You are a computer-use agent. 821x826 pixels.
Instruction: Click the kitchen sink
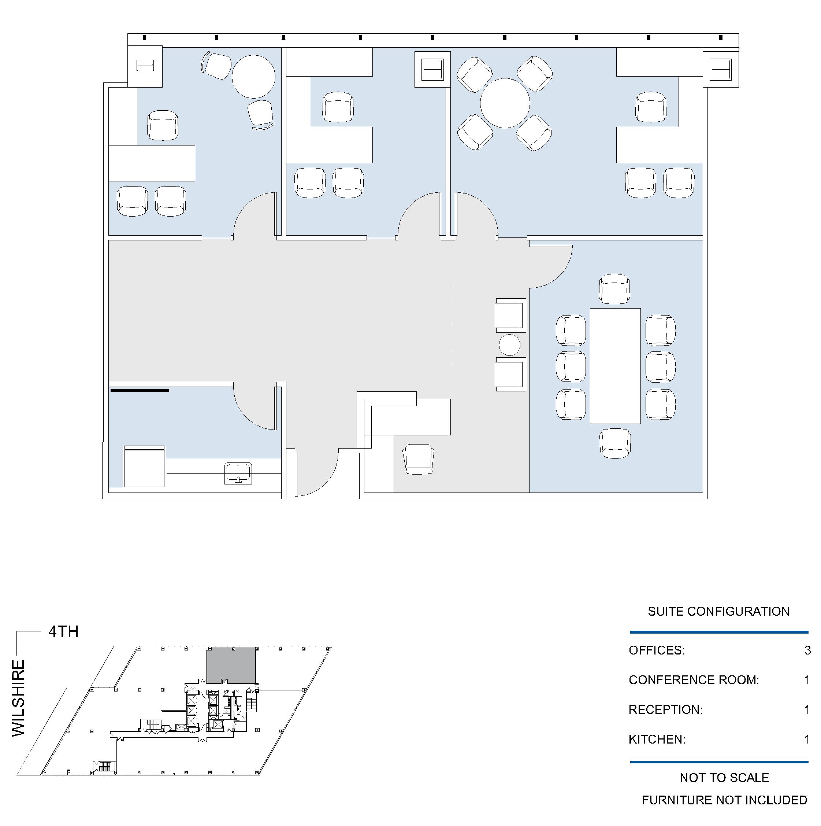point(238,473)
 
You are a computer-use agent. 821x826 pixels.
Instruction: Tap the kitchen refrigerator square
point(144,467)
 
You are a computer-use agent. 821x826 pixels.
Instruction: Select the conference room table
point(615,366)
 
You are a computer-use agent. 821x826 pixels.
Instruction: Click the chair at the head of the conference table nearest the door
point(614,289)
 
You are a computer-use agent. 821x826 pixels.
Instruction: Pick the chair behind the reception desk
point(419,459)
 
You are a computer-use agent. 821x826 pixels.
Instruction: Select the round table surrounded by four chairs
point(505,103)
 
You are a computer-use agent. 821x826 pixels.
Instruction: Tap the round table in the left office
point(253,77)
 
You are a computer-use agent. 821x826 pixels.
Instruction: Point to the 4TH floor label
point(63,632)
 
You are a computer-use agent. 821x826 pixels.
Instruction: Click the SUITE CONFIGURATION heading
point(718,611)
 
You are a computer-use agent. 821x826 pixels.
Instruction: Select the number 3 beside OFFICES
point(807,650)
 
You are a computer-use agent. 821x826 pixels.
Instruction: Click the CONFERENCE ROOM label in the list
point(694,680)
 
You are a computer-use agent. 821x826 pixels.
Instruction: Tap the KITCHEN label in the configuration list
point(657,739)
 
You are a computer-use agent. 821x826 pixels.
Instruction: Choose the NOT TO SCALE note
point(724,778)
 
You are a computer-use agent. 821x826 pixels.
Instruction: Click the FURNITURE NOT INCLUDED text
point(724,800)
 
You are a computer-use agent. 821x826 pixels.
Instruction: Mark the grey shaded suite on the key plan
point(231,665)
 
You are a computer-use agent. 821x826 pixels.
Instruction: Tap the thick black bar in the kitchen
point(140,390)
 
